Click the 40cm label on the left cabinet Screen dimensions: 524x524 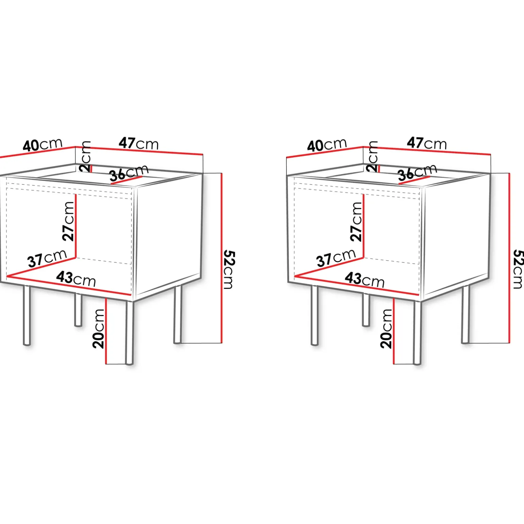[43, 145]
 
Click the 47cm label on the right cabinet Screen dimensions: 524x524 [427, 143]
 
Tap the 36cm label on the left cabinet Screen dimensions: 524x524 [129, 173]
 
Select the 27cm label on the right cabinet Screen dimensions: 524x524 [356, 222]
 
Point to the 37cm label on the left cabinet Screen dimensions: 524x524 [47, 259]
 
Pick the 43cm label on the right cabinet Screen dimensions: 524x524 [364, 279]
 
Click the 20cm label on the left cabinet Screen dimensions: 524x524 [98, 329]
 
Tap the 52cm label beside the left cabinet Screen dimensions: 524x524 [229, 269]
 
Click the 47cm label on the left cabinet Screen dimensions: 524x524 [138, 143]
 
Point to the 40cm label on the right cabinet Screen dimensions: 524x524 [327, 145]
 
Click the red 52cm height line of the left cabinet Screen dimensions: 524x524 [222, 258]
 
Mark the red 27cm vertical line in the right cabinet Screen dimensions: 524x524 [363, 226]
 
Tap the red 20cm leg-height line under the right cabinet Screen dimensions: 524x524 [394, 331]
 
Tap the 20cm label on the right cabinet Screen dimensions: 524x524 [386, 329]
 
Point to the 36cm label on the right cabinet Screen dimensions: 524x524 [417, 173]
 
